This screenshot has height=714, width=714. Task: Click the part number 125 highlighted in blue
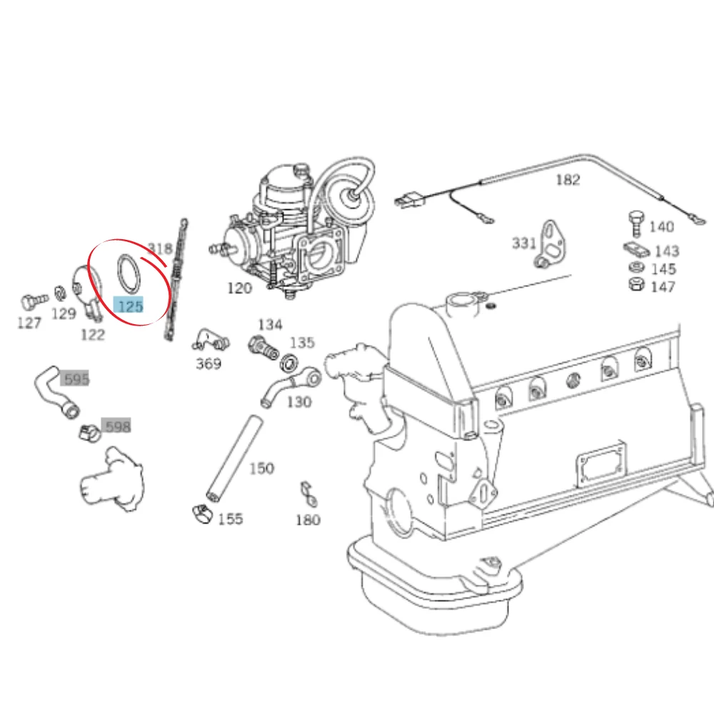pos(130,306)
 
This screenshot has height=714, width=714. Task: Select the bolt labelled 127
pos(34,301)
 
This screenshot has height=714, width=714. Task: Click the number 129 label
pos(64,313)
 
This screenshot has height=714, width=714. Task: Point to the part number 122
pos(93,335)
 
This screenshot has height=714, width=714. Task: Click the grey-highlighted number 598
pos(116,426)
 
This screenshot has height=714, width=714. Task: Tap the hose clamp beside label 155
pos(202,513)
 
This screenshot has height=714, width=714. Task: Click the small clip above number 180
pos(308,493)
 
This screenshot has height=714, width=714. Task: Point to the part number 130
pos(298,401)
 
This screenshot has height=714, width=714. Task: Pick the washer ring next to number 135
pos(289,363)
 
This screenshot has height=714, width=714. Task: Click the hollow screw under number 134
pos(263,347)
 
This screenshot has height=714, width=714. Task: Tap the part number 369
pos(208,363)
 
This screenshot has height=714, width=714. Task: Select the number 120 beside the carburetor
pos(239,288)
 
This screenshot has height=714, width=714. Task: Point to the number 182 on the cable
pos(568,179)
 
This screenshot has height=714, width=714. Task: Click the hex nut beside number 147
pos(636,285)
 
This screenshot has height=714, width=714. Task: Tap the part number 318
pos(160,248)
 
